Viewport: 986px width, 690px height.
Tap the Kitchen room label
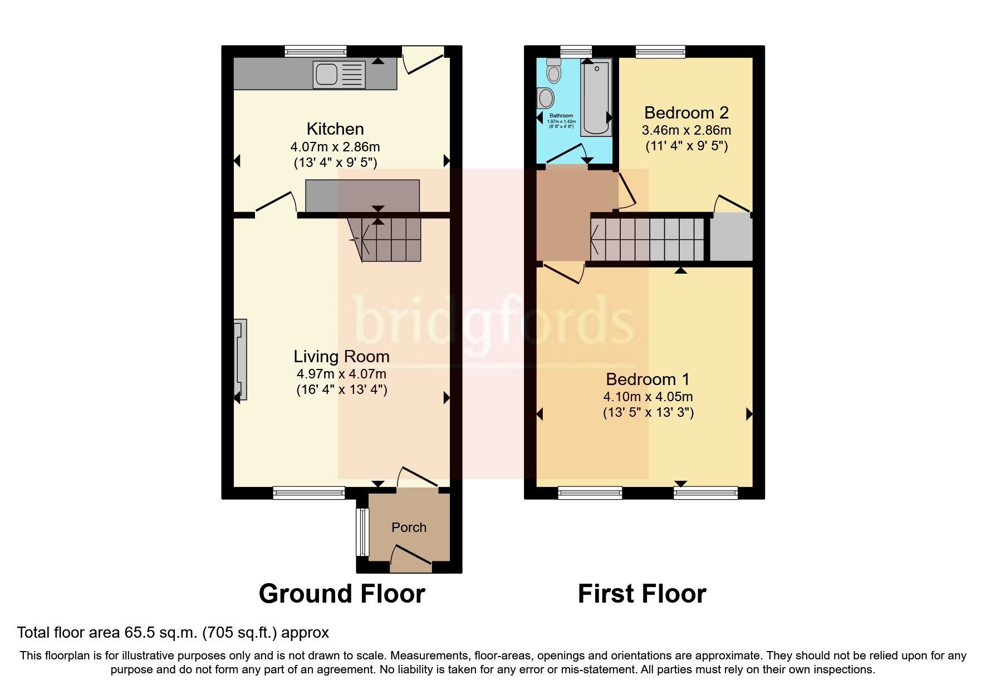click(335, 129)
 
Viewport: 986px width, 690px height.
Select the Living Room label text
click(341, 357)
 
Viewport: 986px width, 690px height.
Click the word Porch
click(409, 528)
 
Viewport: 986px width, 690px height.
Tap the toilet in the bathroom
click(553, 71)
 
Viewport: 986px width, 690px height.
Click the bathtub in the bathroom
click(596, 97)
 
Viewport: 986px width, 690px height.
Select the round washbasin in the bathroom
click(546, 98)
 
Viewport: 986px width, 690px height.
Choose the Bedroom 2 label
click(686, 113)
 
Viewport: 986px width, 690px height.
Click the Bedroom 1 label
click(647, 379)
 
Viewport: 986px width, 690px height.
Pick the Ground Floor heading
click(342, 594)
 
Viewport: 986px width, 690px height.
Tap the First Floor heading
click(642, 594)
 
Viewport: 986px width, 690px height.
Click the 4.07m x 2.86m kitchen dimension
click(335, 147)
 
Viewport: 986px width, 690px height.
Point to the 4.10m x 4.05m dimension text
click(648, 397)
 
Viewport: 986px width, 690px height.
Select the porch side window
click(362, 532)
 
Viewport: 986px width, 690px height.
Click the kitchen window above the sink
click(316, 51)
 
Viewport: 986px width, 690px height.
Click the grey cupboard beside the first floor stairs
click(731, 239)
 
